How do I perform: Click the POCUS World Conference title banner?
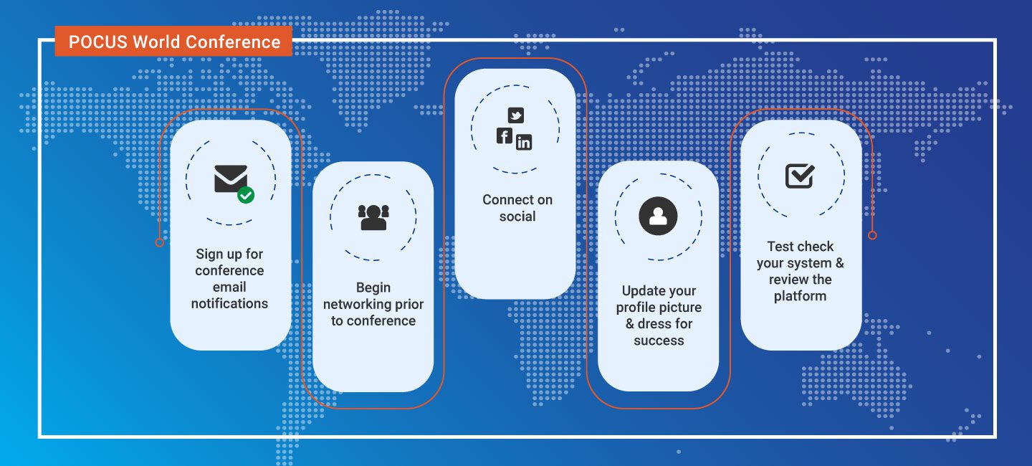pyautogui.click(x=173, y=42)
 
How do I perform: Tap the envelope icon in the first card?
pyautogui.click(x=231, y=179)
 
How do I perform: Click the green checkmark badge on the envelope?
pyautogui.click(x=246, y=195)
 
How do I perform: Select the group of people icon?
pyautogui.click(x=373, y=217)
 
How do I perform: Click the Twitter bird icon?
pyautogui.click(x=515, y=115)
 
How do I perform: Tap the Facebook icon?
pyautogui.click(x=505, y=136)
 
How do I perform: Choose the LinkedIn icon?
pyautogui.click(x=524, y=143)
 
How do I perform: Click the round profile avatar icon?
pyautogui.click(x=658, y=216)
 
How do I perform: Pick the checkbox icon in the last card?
pyautogui.click(x=800, y=176)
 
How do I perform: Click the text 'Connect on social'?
pyautogui.click(x=517, y=208)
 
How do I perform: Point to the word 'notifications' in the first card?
pyautogui.click(x=229, y=303)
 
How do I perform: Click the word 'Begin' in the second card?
pyautogui.click(x=373, y=287)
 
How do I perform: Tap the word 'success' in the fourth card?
pyautogui.click(x=659, y=341)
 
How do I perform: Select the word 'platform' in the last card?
pyautogui.click(x=801, y=296)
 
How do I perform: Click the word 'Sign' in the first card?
pyautogui.click(x=209, y=254)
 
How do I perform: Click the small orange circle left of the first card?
pyautogui.click(x=159, y=242)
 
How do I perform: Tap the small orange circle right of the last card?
pyautogui.click(x=872, y=236)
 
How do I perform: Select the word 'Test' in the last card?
pyautogui.click(x=780, y=247)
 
